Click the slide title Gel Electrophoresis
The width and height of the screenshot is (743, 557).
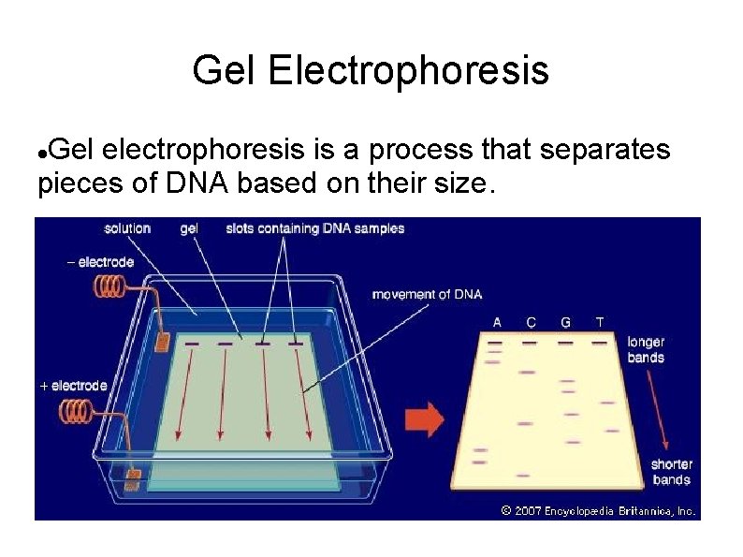pyautogui.click(x=371, y=70)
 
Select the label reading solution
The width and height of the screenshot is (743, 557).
pyautogui.click(x=127, y=227)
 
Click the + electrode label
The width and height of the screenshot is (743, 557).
pyautogui.click(x=74, y=385)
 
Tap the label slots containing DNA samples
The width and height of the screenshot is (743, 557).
pyautogui.click(x=315, y=227)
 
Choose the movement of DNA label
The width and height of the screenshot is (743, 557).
pyautogui.click(x=427, y=294)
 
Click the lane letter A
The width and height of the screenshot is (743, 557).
pyautogui.click(x=497, y=322)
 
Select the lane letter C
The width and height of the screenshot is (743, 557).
pyautogui.click(x=531, y=322)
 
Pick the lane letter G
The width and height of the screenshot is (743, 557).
pyautogui.click(x=565, y=322)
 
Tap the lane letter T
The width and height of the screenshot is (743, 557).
pyautogui.click(x=599, y=322)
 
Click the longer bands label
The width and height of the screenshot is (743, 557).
pyautogui.click(x=646, y=349)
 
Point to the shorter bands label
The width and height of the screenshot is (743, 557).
pyautogui.click(x=671, y=472)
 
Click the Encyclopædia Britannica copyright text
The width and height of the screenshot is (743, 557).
pyautogui.click(x=598, y=511)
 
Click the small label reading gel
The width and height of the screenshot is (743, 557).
pyautogui.click(x=188, y=227)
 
